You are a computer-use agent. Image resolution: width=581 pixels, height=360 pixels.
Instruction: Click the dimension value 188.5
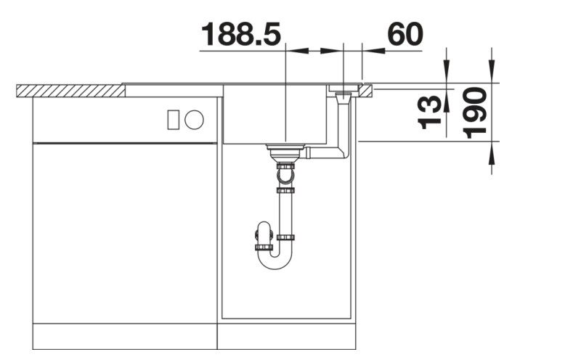(240, 34)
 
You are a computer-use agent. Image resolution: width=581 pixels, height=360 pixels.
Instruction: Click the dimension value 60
(405, 34)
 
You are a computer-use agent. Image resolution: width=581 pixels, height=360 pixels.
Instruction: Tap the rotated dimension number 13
(431, 111)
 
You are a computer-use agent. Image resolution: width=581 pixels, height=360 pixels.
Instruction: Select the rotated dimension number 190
(475, 112)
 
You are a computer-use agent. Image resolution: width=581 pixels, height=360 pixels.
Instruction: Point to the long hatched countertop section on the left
(70, 91)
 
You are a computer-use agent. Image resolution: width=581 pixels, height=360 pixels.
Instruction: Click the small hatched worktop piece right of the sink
(365, 90)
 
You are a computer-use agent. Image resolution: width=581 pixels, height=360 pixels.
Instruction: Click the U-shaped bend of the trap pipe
(274, 258)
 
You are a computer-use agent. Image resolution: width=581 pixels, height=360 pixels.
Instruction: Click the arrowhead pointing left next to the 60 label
(371, 51)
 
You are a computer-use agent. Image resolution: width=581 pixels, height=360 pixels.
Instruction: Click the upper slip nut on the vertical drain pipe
(285, 191)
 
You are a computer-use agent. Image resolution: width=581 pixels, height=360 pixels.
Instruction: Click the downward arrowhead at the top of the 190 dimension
(492, 75)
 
